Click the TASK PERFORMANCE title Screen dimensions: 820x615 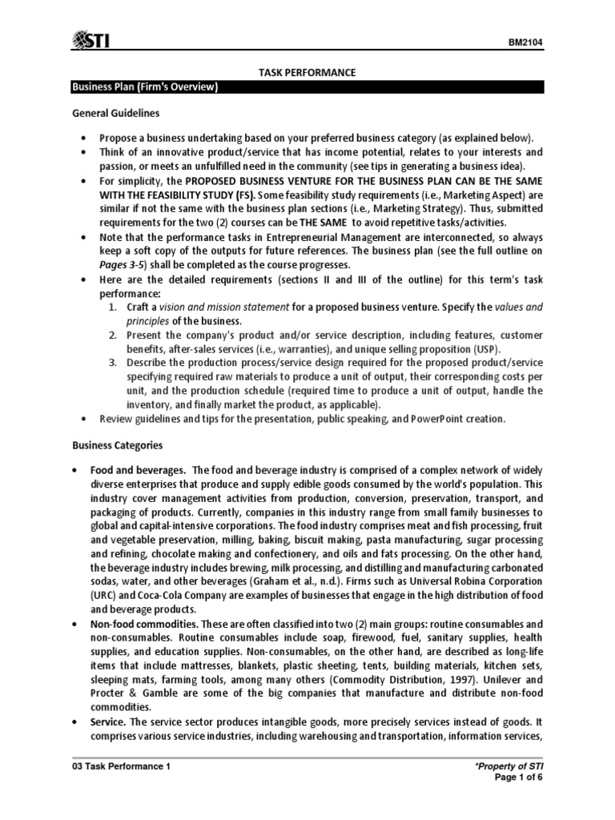[307, 73]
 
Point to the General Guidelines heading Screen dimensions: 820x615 [116, 114]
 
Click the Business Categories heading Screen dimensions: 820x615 [118, 444]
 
